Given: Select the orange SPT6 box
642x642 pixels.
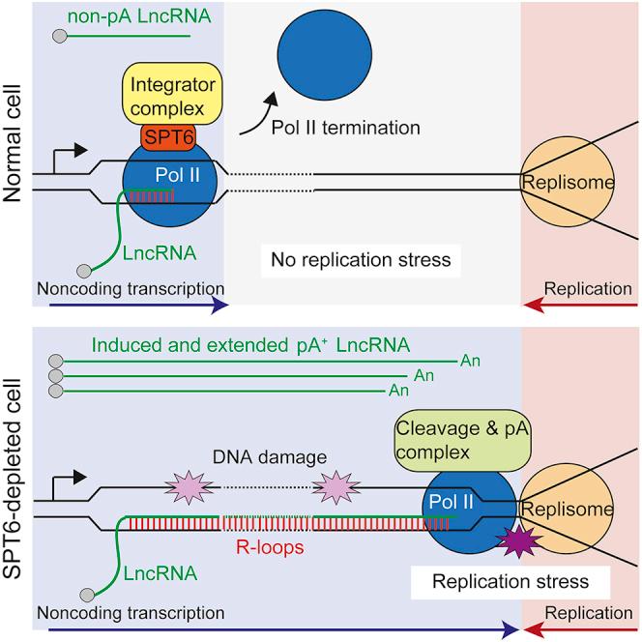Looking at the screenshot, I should (x=170, y=139).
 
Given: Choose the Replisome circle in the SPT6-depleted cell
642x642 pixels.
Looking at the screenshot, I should (x=565, y=509).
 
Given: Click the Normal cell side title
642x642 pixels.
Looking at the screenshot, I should (x=14, y=155).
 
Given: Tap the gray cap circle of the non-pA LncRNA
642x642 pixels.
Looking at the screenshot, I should (x=60, y=36).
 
